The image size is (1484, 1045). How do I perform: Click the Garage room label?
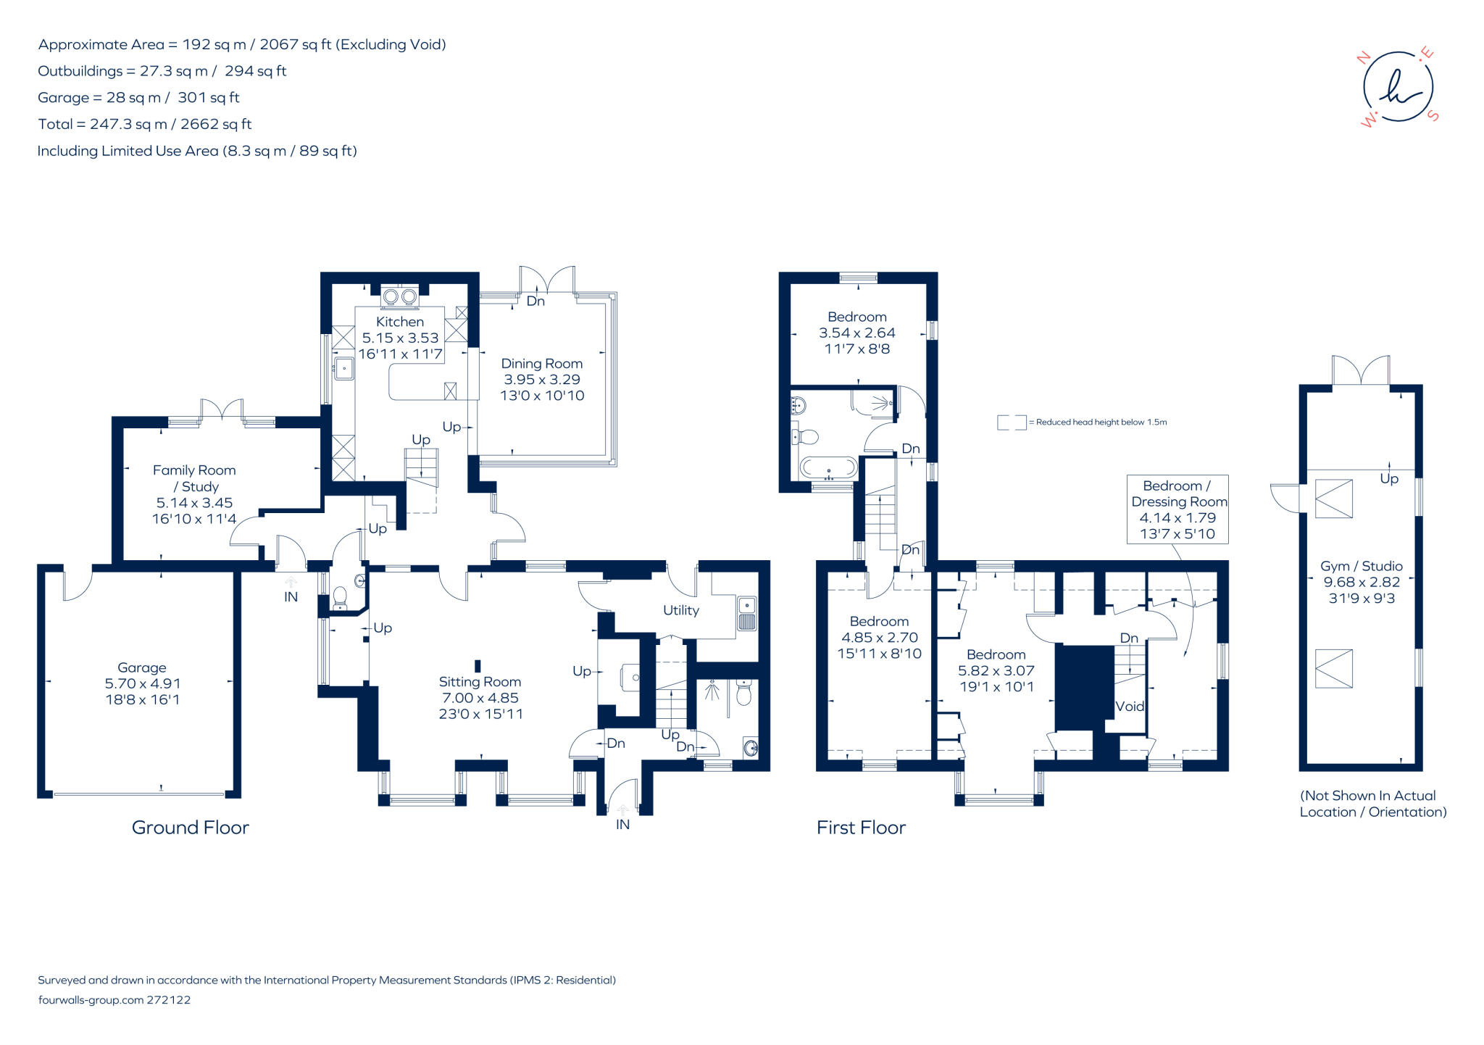(x=142, y=667)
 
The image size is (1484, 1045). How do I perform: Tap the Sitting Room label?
(x=480, y=682)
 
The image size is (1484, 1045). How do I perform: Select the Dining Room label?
(x=542, y=364)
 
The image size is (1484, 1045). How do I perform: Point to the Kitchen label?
(x=400, y=322)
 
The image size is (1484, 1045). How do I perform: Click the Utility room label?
(x=681, y=610)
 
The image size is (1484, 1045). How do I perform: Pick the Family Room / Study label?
(x=194, y=478)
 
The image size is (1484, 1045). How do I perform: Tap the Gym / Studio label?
(x=1362, y=566)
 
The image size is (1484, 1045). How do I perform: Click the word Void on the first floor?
(x=1129, y=706)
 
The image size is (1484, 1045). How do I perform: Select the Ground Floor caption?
(x=191, y=828)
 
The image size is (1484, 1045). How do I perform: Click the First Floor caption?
(x=861, y=828)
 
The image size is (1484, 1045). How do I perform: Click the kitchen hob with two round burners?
(x=400, y=296)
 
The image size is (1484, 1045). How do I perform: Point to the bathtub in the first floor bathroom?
(x=829, y=467)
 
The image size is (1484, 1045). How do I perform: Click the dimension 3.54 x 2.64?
(x=857, y=333)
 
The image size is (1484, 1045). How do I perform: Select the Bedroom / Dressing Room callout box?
(x=1178, y=509)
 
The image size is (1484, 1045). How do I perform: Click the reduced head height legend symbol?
(x=1012, y=422)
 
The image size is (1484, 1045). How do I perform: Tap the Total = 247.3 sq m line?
(x=145, y=124)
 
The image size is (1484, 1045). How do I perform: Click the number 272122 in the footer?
(x=169, y=1000)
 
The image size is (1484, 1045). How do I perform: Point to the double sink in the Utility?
(x=746, y=613)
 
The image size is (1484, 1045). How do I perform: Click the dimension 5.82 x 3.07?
(x=996, y=670)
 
